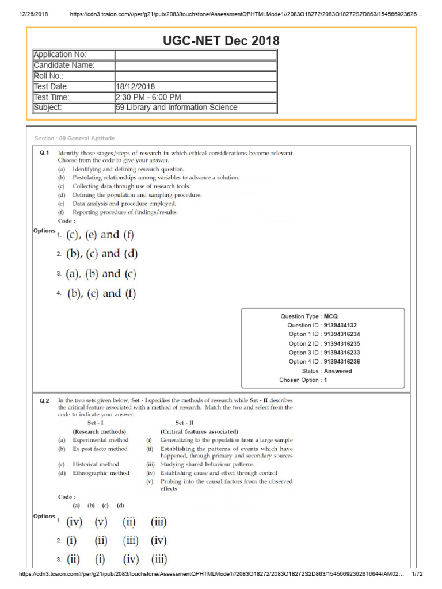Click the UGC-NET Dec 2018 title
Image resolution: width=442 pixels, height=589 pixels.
pos(221,41)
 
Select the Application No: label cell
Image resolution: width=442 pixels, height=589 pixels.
pos(74,55)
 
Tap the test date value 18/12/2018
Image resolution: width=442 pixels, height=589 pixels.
pos(135,86)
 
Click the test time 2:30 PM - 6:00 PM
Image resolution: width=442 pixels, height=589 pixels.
pos(148,97)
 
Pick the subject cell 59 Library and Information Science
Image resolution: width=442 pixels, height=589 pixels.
pos(176,108)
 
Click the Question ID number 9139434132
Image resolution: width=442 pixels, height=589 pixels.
pos(344,325)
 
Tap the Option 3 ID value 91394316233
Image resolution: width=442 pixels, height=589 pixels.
pos(346,353)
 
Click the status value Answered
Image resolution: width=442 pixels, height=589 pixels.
pos(338,371)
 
